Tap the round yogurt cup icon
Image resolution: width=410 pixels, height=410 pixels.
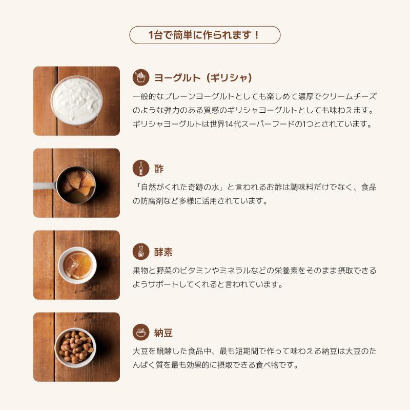tap(141, 77)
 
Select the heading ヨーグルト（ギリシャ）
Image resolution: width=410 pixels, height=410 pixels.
tap(203, 78)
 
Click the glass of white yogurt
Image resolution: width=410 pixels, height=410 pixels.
tap(76, 100)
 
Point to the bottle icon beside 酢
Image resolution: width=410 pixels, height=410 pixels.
tap(141, 168)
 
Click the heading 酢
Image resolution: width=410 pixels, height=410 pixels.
tap(159, 169)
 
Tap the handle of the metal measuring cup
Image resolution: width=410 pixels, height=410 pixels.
tap(45, 186)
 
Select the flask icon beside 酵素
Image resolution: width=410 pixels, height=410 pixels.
tap(141, 252)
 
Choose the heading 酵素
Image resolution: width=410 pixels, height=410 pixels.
tap(163, 252)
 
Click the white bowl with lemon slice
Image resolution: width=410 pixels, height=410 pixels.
tap(77, 265)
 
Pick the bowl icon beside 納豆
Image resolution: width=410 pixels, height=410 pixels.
tap(141, 332)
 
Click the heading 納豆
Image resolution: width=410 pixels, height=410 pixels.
tap(163, 333)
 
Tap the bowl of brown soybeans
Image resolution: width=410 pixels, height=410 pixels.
tap(75, 347)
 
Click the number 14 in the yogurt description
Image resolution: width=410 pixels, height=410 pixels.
tap(229, 124)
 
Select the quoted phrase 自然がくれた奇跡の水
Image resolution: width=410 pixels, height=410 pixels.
tap(180, 187)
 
